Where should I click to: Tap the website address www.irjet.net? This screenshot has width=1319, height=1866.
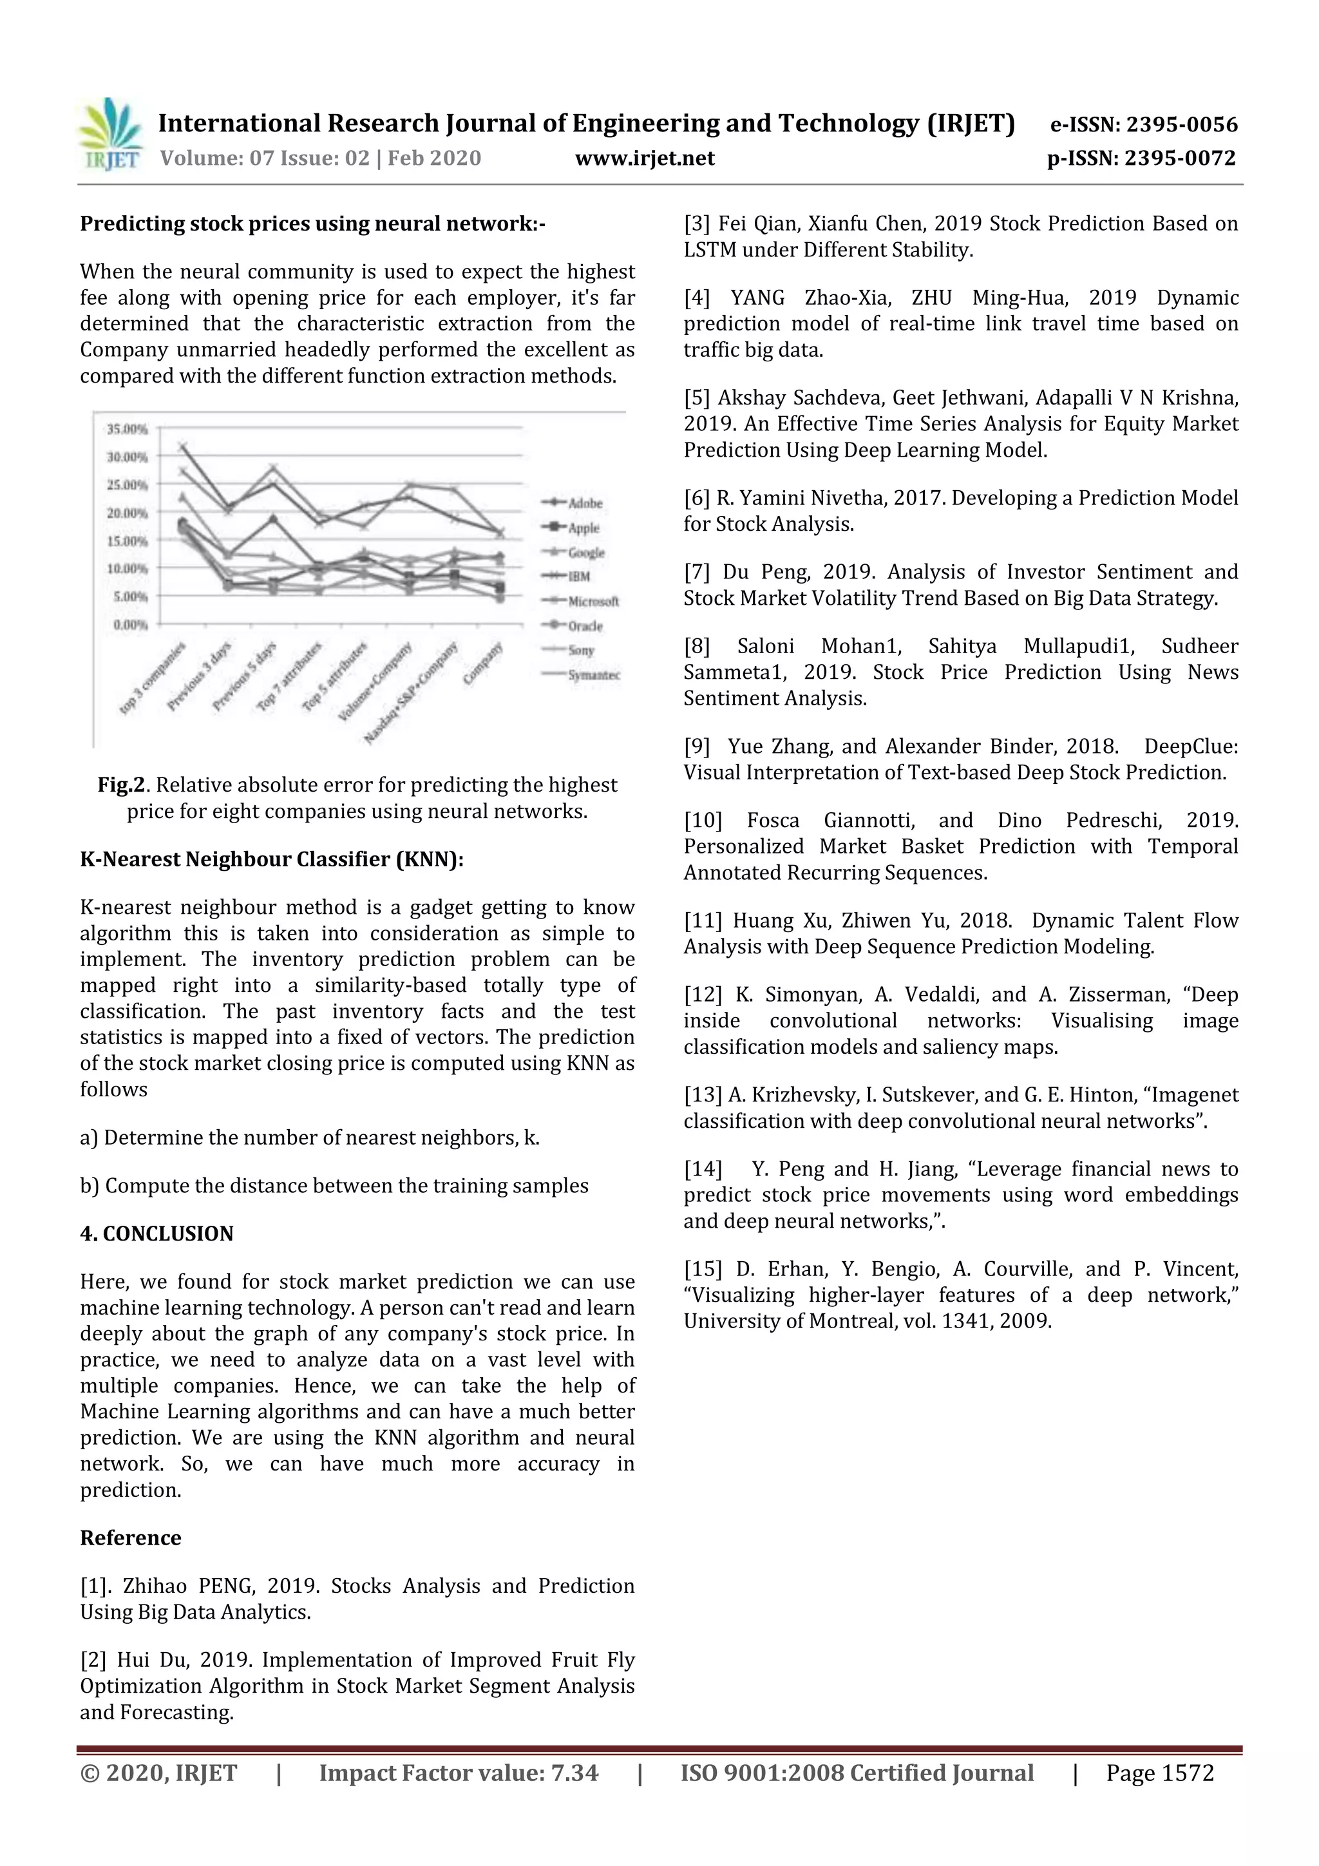click(645, 158)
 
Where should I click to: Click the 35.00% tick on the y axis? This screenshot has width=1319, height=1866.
click(128, 428)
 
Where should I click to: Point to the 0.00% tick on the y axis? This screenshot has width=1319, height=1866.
click(130, 624)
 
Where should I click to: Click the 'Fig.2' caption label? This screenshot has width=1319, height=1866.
click(121, 785)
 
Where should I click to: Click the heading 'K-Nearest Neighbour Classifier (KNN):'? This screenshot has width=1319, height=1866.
click(271, 859)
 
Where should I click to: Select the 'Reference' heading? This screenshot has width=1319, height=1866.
click(130, 1538)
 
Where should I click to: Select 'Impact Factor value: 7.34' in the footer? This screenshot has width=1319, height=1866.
click(459, 1773)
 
